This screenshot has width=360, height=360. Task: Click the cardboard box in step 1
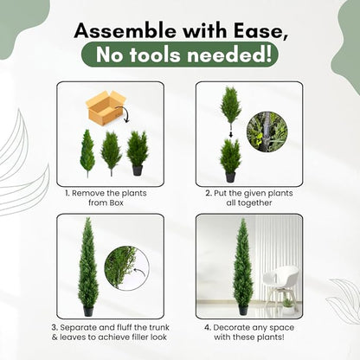click(x=106, y=106)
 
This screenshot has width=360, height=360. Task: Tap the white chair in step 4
click(x=280, y=286)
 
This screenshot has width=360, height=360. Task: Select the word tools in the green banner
click(x=155, y=55)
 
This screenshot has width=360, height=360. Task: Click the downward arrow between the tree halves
click(x=230, y=134)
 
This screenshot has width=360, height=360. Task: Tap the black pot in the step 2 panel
click(x=230, y=177)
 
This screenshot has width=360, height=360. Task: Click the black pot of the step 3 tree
click(x=88, y=311)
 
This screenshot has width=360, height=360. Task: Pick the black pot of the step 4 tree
click(x=243, y=310)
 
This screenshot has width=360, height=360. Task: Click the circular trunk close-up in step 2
click(x=267, y=132)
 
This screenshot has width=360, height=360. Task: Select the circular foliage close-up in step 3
click(x=126, y=268)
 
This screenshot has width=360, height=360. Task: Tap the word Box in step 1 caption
click(x=116, y=202)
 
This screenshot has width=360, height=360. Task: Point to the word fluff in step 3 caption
click(x=125, y=327)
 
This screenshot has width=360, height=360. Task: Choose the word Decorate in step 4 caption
click(x=231, y=328)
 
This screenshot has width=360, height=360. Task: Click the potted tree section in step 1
click(x=138, y=153)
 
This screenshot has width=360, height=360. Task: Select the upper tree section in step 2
click(x=230, y=107)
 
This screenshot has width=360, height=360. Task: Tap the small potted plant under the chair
click(x=288, y=305)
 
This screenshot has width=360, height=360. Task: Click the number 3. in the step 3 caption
click(x=55, y=328)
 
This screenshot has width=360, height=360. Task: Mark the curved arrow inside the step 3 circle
click(x=139, y=272)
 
